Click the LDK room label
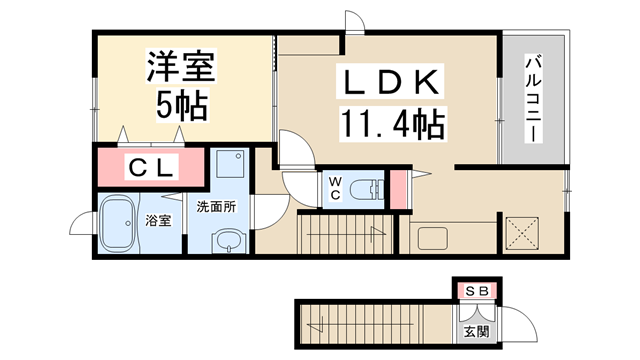[389, 82]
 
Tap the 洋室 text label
[181, 66]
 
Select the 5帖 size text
[182, 104]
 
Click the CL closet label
[151, 167]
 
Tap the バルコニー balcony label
[534, 98]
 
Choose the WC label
[335, 188]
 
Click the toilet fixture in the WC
[367, 189]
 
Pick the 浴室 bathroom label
[158, 221]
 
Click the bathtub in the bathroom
[118, 223]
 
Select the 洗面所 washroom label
[216, 207]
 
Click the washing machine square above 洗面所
[230, 164]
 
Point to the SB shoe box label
[477, 291]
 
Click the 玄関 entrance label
[476, 331]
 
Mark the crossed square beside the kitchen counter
[522, 233]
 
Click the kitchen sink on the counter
[433, 238]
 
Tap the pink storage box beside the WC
[398, 189]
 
